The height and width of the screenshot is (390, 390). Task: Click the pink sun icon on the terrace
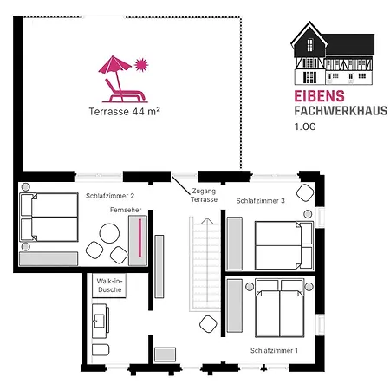coord(141,65)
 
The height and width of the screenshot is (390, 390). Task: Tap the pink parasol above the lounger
coord(115,64)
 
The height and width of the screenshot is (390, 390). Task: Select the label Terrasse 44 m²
coord(124,112)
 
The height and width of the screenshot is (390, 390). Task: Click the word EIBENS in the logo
coord(319,96)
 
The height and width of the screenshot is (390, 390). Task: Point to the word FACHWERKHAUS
coord(341,111)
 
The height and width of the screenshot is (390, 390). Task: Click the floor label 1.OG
coord(305,127)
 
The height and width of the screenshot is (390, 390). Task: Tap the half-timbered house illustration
coord(333,53)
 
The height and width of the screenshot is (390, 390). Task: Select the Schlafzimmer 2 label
coord(110,196)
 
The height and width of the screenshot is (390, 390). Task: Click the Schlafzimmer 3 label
coord(260,201)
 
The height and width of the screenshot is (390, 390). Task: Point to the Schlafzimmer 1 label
coord(274,350)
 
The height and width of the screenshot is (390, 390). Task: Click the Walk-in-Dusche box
coord(109,285)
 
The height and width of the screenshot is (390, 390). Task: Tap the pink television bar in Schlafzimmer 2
coord(140,238)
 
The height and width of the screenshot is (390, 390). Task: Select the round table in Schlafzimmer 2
coord(109,233)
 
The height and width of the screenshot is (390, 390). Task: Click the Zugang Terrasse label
coord(204,195)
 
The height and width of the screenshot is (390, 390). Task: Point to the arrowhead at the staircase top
coord(207,221)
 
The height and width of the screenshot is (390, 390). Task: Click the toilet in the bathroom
coord(101,350)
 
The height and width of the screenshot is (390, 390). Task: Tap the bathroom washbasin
coord(100,321)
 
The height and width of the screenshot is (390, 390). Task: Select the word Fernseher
coord(126,210)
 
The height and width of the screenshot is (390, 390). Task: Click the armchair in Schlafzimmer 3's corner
coord(305,192)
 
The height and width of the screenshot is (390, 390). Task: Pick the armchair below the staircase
coord(208,324)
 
